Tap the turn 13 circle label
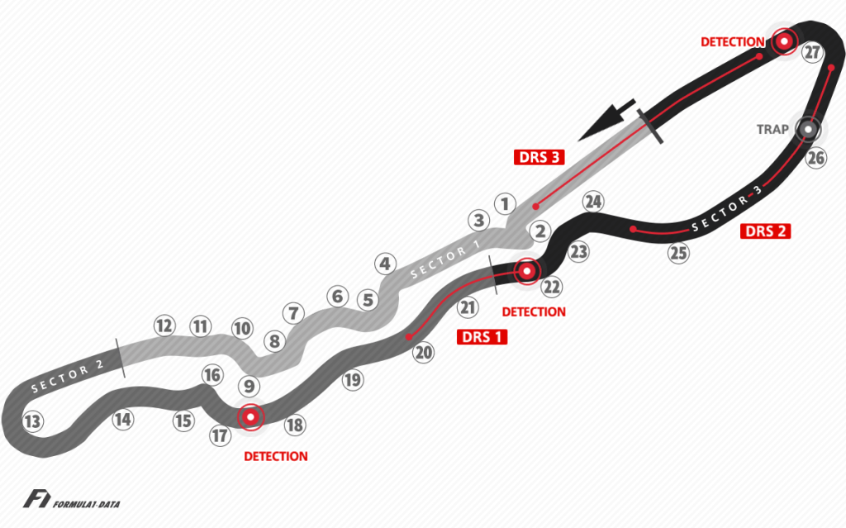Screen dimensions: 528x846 [32, 422]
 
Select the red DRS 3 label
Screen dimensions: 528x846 [541, 157]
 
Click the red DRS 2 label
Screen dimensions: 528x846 [766, 231]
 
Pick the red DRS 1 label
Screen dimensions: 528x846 [482, 336]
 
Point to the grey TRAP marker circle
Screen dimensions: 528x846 [807, 129]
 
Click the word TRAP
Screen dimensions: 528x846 [772, 130]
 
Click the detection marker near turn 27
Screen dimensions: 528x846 [783, 40]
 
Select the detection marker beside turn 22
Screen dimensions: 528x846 [526, 269]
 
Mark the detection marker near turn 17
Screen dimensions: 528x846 [250, 416]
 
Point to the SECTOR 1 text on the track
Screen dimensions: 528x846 [444, 258]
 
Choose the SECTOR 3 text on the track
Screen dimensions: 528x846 [726, 209]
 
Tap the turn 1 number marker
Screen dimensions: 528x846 [506, 202]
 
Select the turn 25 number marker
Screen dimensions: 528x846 [678, 254]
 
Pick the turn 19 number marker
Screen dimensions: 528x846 [353, 380]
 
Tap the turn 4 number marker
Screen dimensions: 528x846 [383, 264]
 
